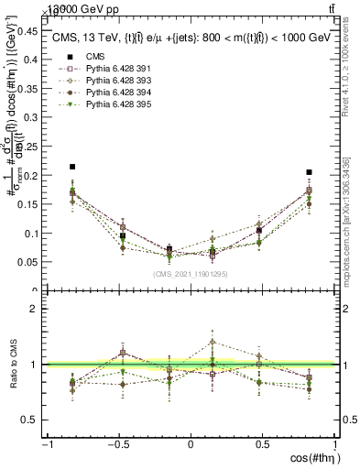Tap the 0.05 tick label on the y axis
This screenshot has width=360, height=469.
pos(30,262)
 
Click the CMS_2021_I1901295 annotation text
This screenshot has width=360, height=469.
pos(191,273)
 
